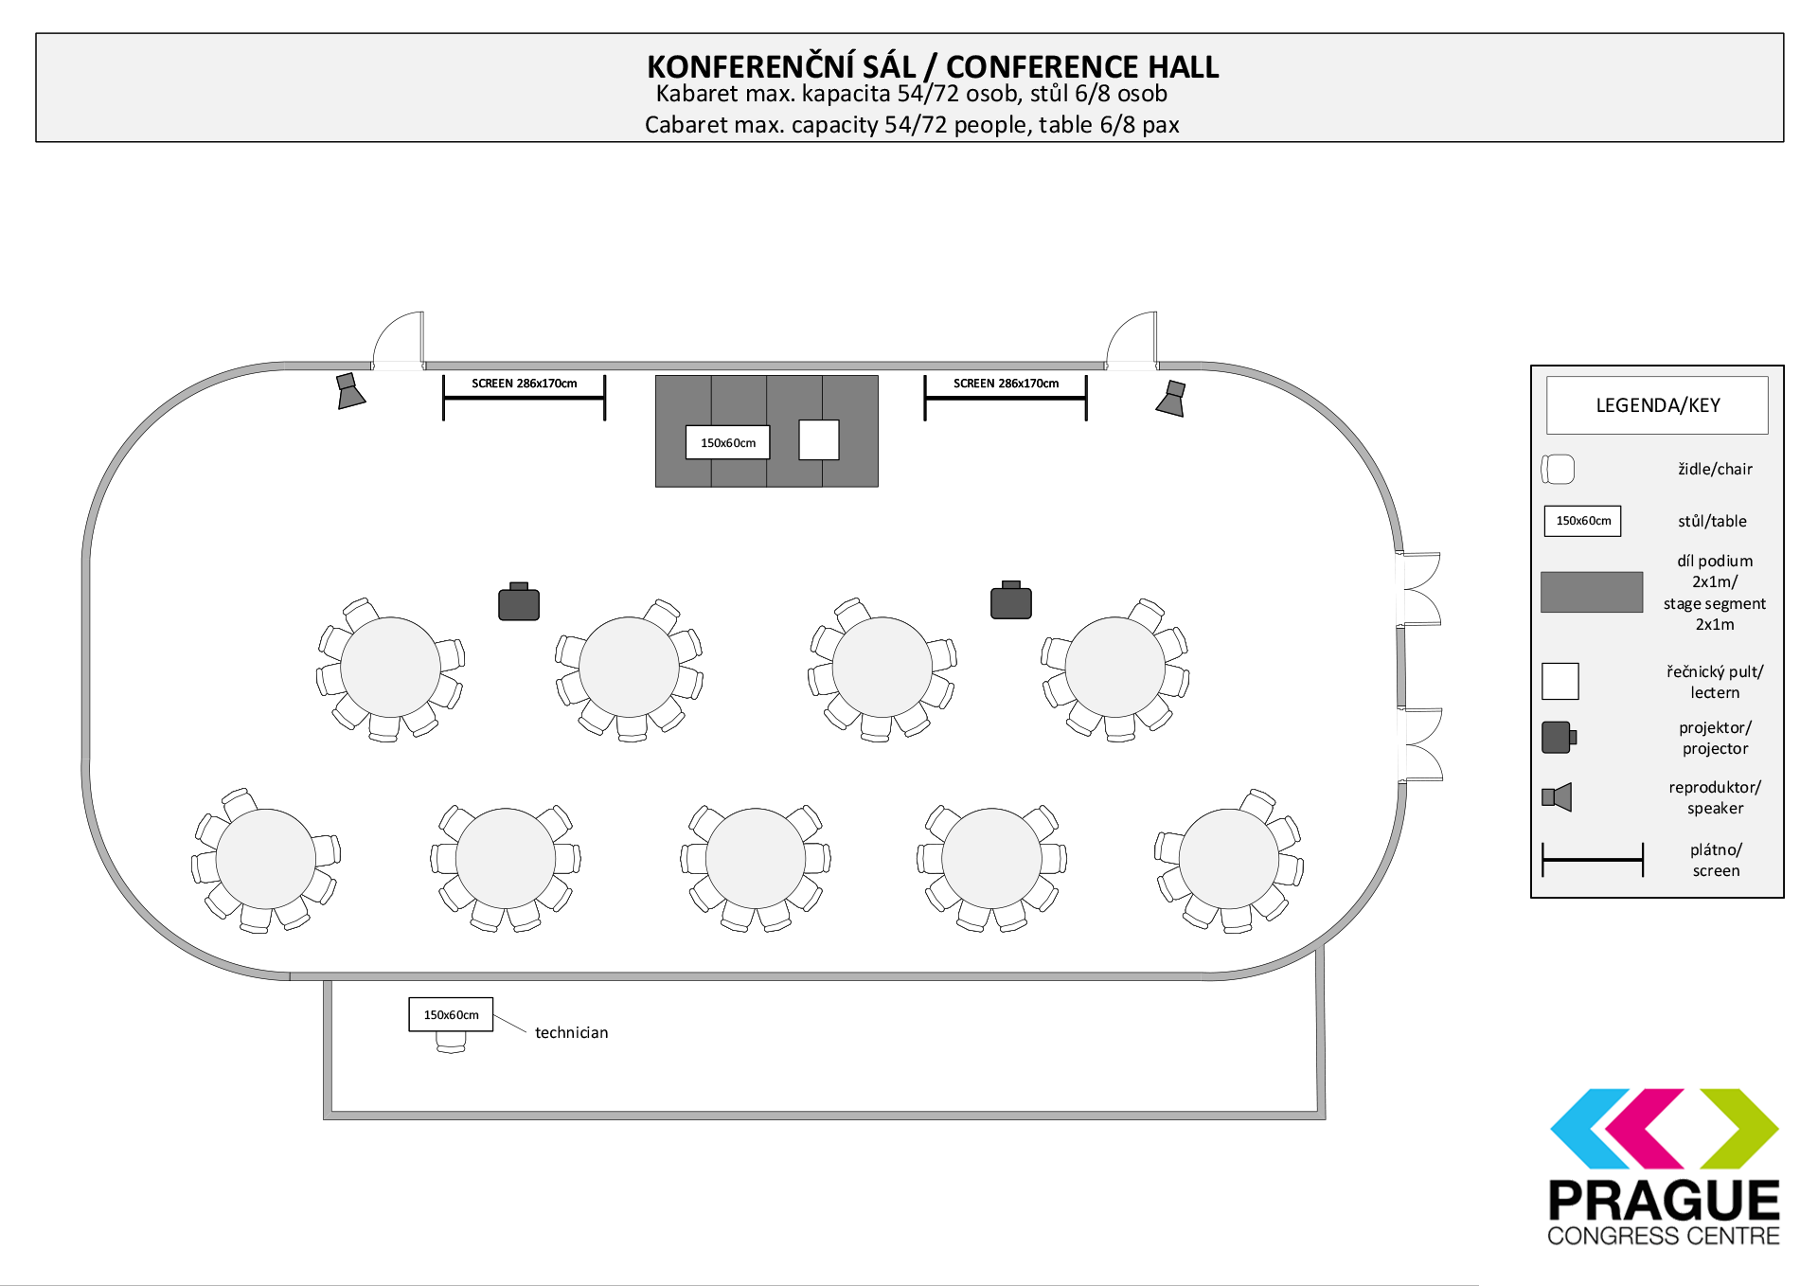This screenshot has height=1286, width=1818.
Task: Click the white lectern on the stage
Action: pyautogui.click(x=819, y=439)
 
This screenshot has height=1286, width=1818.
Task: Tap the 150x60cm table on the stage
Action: pyautogui.click(x=727, y=442)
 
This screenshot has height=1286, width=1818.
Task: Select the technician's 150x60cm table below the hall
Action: pyautogui.click(x=451, y=1014)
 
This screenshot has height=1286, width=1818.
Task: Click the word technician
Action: pyautogui.click(x=572, y=1032)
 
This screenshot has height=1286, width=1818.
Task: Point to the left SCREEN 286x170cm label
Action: pyautogui.click(x=525, y=384)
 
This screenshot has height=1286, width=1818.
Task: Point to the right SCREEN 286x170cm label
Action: pyautogui.click(x=1006, y=384)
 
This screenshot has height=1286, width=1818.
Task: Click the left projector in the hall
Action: pyautogui.click(x=519, y=601)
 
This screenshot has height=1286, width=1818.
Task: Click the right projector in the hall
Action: pyautogui.click(x=1011, y=599)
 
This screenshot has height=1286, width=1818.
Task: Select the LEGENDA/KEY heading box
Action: pyautogui.click(x=1657, y=405)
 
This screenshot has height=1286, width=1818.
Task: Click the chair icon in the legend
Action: pyautogui.click(x=1558, y=469)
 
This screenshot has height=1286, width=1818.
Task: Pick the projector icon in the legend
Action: pyautogui.click(x=1559, y=737)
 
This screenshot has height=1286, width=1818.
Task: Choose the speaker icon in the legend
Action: pyautogui.click(x=1557, y=797)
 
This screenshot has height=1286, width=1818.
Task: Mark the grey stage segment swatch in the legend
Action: pyautogui.click(x=1592, y=592)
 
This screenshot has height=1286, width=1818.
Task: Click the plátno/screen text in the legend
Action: pyautogui.click(x=1716, y=860)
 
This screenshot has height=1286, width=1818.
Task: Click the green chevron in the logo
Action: pyautogui.click(x=1740, y=1128)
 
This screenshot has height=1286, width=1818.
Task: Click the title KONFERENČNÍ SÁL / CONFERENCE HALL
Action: pyautogui.click(x=933, y=67)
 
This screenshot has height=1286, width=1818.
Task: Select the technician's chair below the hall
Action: pyautogui.click(x=451, y=1043)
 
